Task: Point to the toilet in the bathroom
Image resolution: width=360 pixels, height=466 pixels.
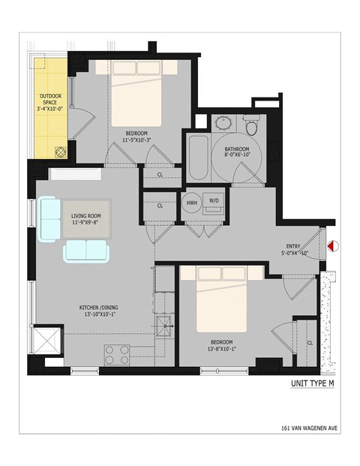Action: pos(251,127)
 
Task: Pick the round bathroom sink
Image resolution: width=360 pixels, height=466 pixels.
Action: pos(223,125)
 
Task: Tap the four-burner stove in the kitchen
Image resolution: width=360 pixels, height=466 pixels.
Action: pos(117,353)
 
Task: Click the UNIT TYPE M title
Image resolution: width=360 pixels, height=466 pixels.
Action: pos(312,384)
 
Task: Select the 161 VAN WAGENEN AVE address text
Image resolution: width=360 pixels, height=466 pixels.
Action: pos(304,431)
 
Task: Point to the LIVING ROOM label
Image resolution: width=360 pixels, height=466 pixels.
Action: pos(86,215)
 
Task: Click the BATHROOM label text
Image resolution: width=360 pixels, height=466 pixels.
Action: pos(236,149)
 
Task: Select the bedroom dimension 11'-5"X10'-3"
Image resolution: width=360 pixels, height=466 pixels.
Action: pos(135,140)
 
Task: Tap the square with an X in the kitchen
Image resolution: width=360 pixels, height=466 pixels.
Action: pos(49,342)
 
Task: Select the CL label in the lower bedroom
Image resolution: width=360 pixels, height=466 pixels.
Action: pos(309,342)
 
